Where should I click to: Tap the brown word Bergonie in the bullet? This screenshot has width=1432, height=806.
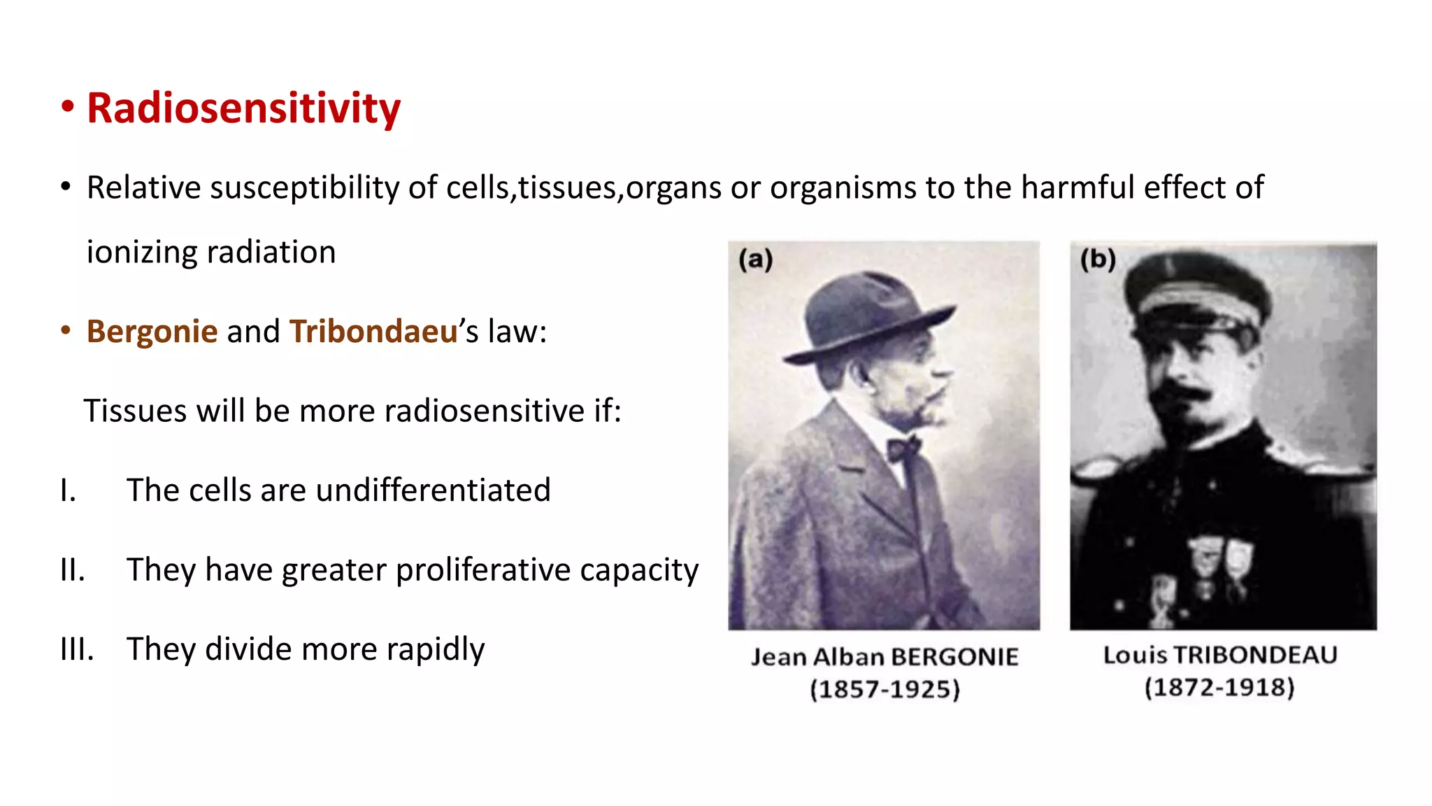(152, 331)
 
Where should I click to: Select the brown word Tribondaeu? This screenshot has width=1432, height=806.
(373, 331)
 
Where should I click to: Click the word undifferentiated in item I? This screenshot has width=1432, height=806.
(433, 490)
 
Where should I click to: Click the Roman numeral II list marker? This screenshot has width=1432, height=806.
(73, 570)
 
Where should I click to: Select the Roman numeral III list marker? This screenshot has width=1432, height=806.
(77, 649)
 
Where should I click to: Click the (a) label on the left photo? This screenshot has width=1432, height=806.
(756, 260)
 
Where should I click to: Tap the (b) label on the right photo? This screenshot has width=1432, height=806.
(1098, 260)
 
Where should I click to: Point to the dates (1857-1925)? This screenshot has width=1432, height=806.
(885, 689)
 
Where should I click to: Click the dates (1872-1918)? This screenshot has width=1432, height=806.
(1219, 687)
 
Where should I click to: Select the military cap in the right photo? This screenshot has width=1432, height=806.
(1197, 294)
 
